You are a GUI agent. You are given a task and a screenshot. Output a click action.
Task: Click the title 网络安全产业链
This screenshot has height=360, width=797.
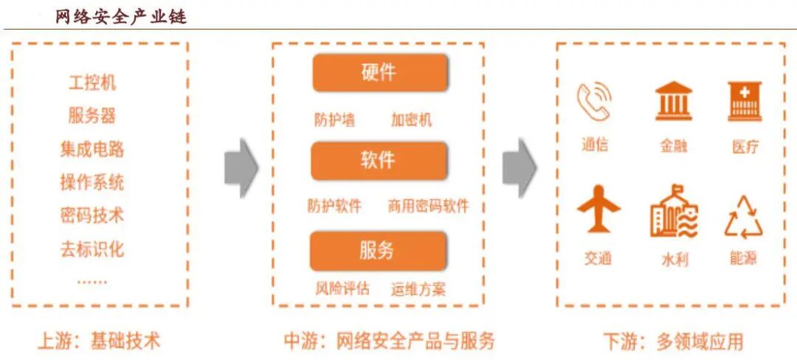(x=121, y=16)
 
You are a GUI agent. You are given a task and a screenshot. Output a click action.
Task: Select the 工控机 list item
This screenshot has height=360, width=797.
(x=92, y=82)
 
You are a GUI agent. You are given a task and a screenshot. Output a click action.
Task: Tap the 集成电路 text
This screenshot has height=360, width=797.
(x=92, y=149)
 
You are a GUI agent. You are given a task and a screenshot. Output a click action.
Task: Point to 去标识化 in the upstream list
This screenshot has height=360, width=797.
(x=92, y=249)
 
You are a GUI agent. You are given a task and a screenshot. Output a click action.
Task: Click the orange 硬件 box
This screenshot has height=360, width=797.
(x=379, y=72)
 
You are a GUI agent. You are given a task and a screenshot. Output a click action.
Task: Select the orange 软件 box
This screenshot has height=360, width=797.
(x=379, y=160)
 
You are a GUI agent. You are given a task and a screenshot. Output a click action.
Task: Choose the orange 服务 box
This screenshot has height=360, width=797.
(x=379, y=250)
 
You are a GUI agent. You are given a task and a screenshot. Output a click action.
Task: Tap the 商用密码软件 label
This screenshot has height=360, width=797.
(x=428, y=207)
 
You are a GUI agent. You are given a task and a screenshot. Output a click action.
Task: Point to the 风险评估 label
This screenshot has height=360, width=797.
(x=342, y=288)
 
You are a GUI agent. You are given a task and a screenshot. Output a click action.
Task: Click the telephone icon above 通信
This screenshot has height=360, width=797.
(x=594, y=101)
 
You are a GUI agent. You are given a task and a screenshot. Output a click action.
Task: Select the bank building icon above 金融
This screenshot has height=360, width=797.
(x=673, y=101)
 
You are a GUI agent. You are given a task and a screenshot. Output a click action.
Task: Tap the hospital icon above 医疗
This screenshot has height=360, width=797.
(x=744, y=101)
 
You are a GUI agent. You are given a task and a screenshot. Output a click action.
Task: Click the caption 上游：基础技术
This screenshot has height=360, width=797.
(x=99, y=341)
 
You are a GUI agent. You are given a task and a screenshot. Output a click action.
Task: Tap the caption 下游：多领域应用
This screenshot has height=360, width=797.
(x=672, y=342)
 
